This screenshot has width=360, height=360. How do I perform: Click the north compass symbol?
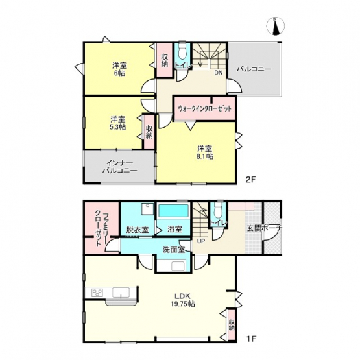(275, 26)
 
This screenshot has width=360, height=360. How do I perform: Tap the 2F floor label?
(250, 180)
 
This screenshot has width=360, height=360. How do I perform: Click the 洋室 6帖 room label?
(119, 69)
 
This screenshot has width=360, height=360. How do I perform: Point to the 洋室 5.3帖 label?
(118, 123)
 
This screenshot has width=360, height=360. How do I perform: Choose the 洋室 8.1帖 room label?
(205, 152)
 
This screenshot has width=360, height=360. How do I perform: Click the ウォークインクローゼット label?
(204, 108)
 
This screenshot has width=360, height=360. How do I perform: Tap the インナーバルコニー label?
(119, 167)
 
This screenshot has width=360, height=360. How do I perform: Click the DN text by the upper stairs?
(219, 73)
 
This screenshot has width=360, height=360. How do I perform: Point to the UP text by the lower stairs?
(201, 241)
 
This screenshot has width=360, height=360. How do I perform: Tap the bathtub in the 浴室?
(174, 211)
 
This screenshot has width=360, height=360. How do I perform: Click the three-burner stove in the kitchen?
(97, 293)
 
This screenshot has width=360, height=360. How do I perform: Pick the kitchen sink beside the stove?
(121, 293)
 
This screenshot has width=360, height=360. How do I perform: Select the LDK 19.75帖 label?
(183, 300)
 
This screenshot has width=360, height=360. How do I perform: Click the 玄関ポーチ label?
(265, 228)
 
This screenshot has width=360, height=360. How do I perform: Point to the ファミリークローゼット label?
(102, 230)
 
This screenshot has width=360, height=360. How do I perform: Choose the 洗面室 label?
(174, 250)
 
